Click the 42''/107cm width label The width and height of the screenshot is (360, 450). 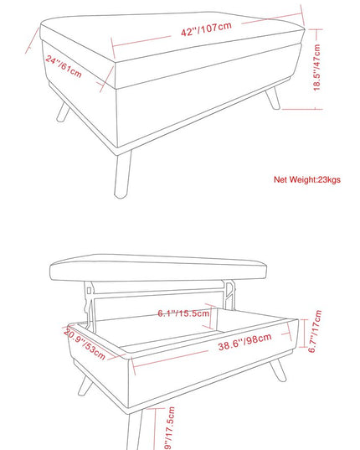tap(206, 28)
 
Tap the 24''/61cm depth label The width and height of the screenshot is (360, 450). tap(64, 66)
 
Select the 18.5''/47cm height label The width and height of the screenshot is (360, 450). tap(316, 68)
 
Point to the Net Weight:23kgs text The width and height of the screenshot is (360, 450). tap(307, 179)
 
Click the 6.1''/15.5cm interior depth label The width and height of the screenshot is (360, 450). tap(183, 313)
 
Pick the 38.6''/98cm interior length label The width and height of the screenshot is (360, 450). tap(244, 342)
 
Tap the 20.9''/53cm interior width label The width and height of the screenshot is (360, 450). tap(85, 344)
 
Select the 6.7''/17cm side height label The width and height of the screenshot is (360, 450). tap(315, 331)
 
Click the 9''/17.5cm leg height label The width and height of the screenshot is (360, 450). tap(170, 428)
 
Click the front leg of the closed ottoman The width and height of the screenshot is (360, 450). tap(123, 174)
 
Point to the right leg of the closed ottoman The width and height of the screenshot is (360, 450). tap(273, 98)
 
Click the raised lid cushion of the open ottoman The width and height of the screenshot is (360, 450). tap(158, 267)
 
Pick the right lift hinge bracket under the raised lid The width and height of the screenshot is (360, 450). tap(230, 294)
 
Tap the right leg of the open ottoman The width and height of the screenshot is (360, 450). tap(277, 370)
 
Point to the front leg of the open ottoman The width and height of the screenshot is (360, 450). tap(135, 430)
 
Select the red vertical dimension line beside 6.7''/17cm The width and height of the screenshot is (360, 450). tap(304, 334)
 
